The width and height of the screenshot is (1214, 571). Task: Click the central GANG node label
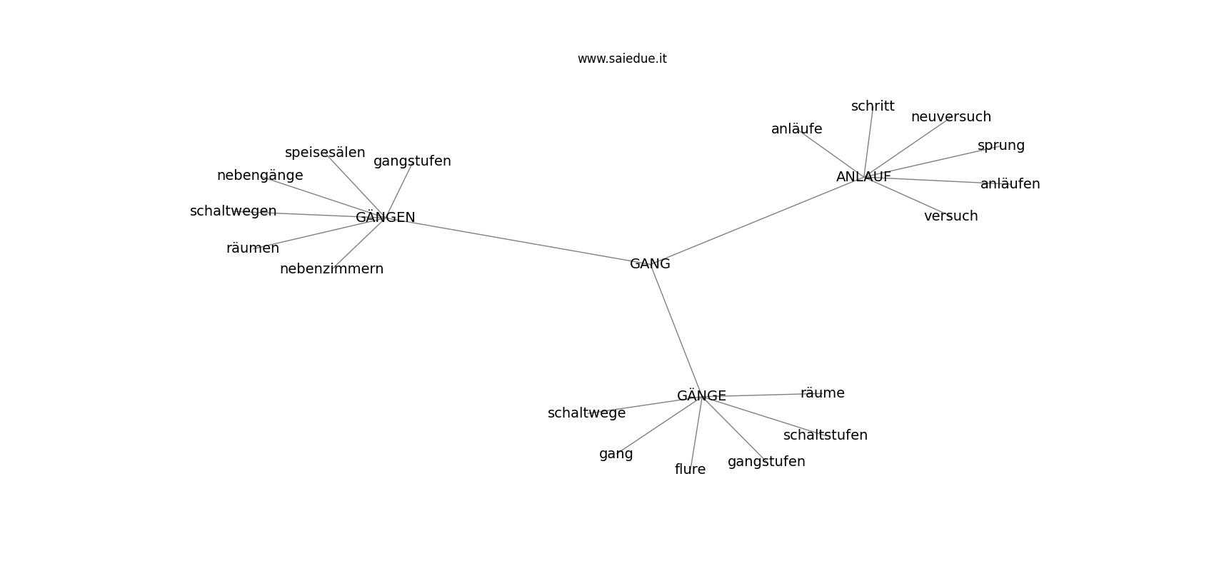coord(650,264)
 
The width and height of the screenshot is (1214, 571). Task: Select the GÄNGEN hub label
coord(386,217)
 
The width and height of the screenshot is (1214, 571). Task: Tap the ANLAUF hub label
coord(863,176)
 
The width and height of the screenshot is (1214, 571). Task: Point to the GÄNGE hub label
coord(701,395)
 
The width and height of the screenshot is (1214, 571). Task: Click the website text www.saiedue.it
coord(622,59)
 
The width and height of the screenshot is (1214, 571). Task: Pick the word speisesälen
coord(325,153)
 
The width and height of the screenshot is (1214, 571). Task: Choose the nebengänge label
coord(260,176)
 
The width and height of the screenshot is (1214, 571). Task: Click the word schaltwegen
coord(233,211)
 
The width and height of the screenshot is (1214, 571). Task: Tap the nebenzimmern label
coord(331,268)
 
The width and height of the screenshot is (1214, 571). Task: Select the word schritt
coord(873,106)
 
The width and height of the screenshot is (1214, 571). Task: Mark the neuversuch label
coord(951,117)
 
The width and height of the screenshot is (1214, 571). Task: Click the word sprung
coord(1001,146)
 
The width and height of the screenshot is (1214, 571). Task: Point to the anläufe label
coord(797,129)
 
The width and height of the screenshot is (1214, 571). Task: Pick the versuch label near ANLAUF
coord(951,216)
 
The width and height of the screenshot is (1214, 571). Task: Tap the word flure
coord(690,469)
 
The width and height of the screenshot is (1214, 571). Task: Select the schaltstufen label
coord(826,435)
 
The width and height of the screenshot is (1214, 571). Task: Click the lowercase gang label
coord(616,454)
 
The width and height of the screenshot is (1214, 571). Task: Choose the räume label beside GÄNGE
coord(823,393)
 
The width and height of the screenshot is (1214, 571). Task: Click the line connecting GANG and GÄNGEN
coord(518,241)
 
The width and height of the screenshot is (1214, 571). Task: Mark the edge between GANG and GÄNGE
coord(676,329)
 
